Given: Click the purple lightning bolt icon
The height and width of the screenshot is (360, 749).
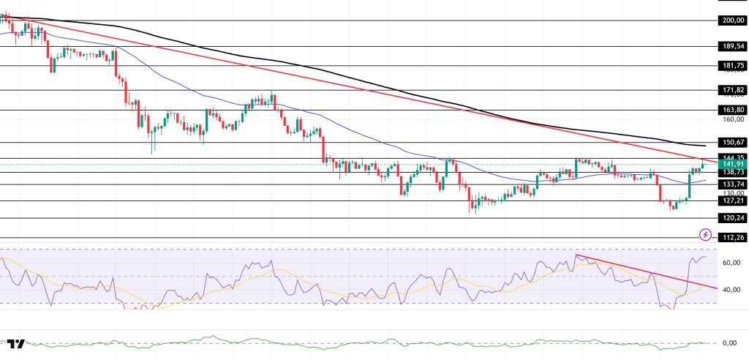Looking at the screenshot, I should (705, 235).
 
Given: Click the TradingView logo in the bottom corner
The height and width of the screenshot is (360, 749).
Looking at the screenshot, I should (16, 344).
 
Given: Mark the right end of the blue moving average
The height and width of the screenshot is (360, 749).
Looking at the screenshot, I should (705, 179).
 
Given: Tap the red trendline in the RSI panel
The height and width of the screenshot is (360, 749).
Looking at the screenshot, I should (644, 271).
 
